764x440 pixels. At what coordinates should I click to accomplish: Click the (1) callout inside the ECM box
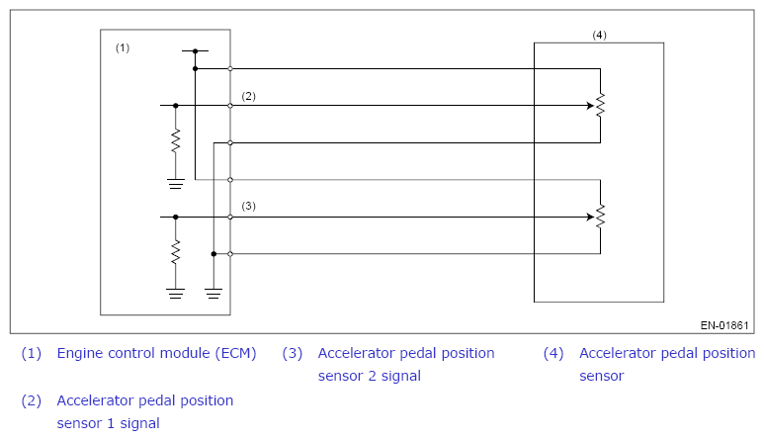pyautogui.click(x=123, y=47)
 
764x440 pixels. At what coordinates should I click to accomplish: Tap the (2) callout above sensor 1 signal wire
pyautogui.click(x=248, y=96)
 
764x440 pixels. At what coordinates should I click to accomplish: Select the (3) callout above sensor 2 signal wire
pyautogui.click(x=248, y=206)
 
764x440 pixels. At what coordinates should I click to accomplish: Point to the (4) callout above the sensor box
pyautogui.click(x=599, y=35)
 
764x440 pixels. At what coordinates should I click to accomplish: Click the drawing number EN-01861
pyautogui.click(x=724, y=325)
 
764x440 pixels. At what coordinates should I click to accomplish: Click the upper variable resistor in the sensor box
pyautogui.click(x=600, y=105)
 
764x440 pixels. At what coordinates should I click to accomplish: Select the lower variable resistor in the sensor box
pyautogui.click(x=600, y=217)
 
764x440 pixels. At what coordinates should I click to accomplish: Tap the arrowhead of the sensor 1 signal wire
pyautogui.click(x=590, y=105)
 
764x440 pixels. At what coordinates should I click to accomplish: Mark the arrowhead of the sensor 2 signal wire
pyautogui.click(x=590, y=217)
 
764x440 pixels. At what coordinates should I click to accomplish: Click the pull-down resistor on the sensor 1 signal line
pyautogui.click(x=176, y=141)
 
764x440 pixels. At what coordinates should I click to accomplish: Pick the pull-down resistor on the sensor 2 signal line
pyautogui.click(x=176, y=252)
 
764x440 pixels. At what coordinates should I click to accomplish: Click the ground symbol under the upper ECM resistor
pyautogui.click(x=176, y=184)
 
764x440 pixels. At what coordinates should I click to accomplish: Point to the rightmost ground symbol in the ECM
pyautogui.click(x=213, y=294)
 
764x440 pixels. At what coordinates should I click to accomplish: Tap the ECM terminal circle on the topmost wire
pyautogui.click(x=230, y=68)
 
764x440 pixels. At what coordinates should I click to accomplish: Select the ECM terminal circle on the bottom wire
pyautogui.click(x=230, y=254)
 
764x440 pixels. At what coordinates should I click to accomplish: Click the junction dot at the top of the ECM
pyautogui.click(x=196, y=50)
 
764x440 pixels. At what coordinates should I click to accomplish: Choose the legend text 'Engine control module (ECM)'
pyautogui.click(x=156, y=353)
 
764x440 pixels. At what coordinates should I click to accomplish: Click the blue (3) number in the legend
pyautogui.click(x=293, y=353)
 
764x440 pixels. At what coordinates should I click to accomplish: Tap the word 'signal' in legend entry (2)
pyautogui.click(x=139, y=423)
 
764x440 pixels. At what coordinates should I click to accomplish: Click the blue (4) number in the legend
pyautogui.click(x=553, y=353)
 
